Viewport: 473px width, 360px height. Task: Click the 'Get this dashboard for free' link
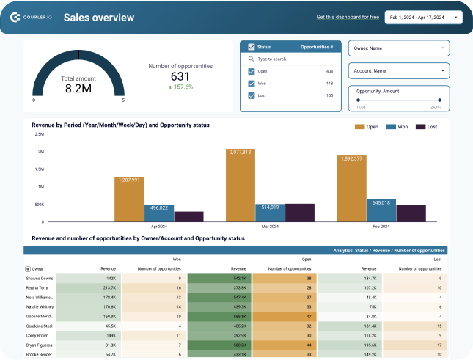[x=348, y=17]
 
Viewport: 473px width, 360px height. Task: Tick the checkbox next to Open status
[x=252, y=72]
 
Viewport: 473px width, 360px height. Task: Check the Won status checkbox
[x=252, y=84]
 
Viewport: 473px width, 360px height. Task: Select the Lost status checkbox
[x=252, y=95]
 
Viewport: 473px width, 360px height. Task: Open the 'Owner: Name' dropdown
[x=398, y=48]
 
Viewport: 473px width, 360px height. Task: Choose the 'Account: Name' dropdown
[x=398, y=71]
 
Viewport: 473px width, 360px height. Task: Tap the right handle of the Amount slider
[x=439, y=100]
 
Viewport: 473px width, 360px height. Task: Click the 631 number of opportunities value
[x=180, y=76]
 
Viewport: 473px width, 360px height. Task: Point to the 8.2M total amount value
[x=78, y=88]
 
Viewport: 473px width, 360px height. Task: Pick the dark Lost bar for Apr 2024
[x=189, y=216]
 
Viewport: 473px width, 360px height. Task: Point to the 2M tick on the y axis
[x=40, y=152]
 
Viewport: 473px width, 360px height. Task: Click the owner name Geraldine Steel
[x=40, y=326]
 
